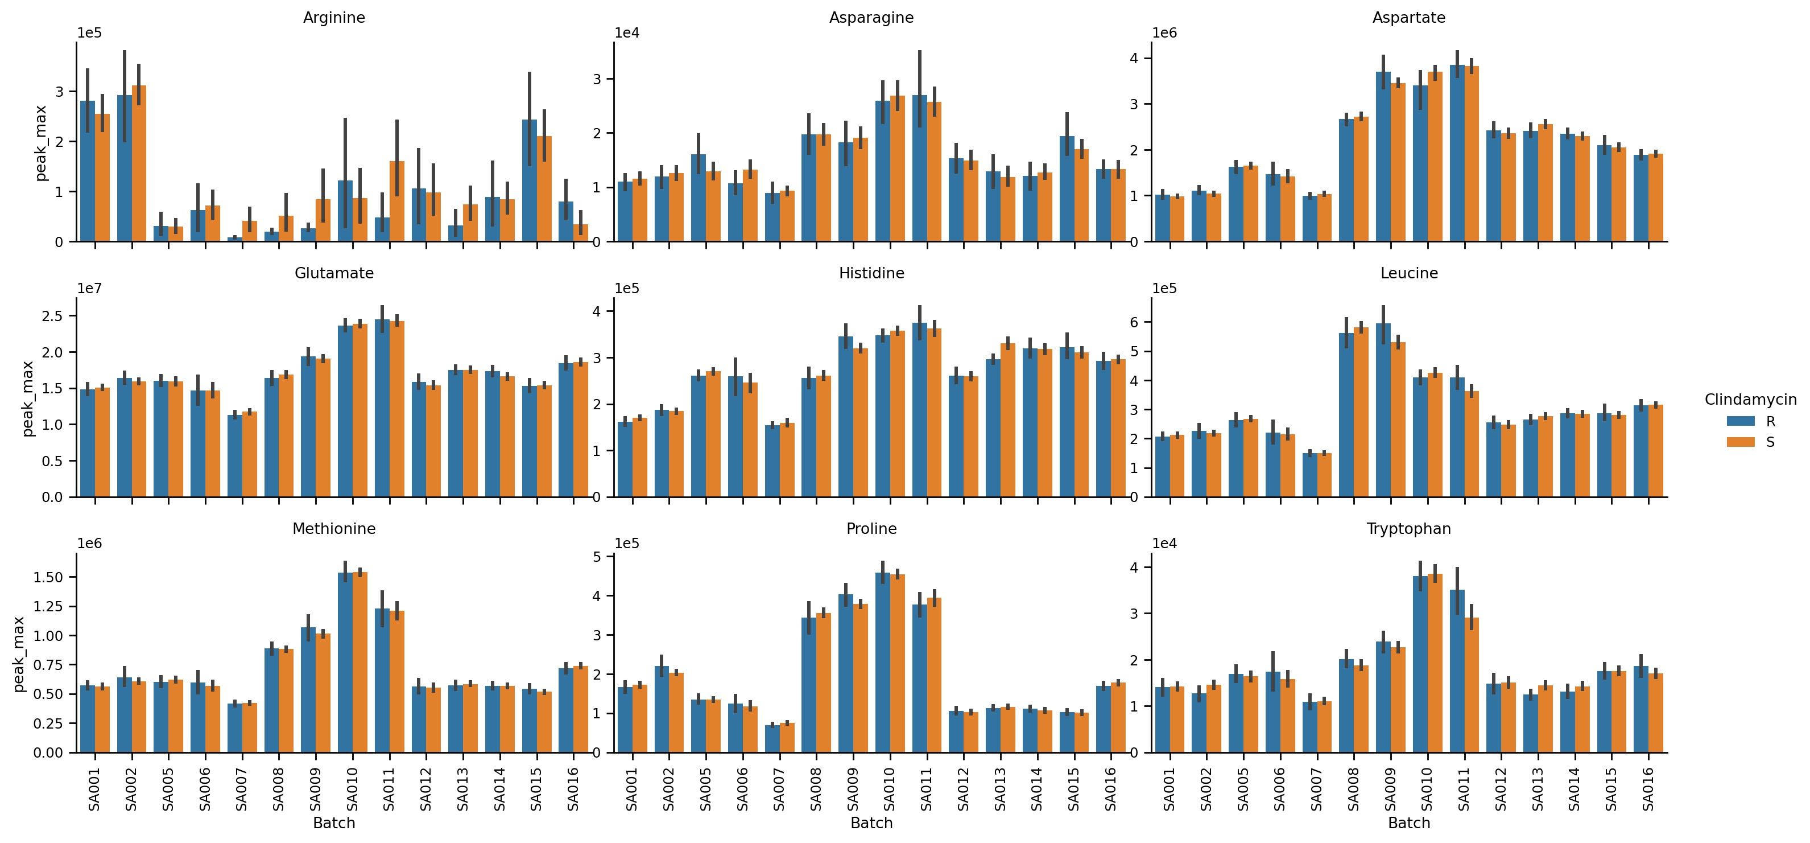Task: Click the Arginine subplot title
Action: [334, 18]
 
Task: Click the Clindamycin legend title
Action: [1750, 400]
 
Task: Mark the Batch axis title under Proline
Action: [871, 823]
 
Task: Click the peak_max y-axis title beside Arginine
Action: [41, 143]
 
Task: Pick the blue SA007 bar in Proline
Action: [772, 738]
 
